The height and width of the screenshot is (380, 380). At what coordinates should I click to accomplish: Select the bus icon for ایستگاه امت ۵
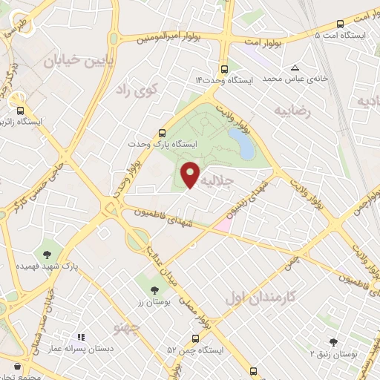[341, 24]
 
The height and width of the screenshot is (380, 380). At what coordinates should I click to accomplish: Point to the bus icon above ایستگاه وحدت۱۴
[222, 68]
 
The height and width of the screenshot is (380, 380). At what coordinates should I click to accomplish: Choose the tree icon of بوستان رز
[154, 290]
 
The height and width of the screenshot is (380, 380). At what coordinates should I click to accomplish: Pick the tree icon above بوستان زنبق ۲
[333, 342]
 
